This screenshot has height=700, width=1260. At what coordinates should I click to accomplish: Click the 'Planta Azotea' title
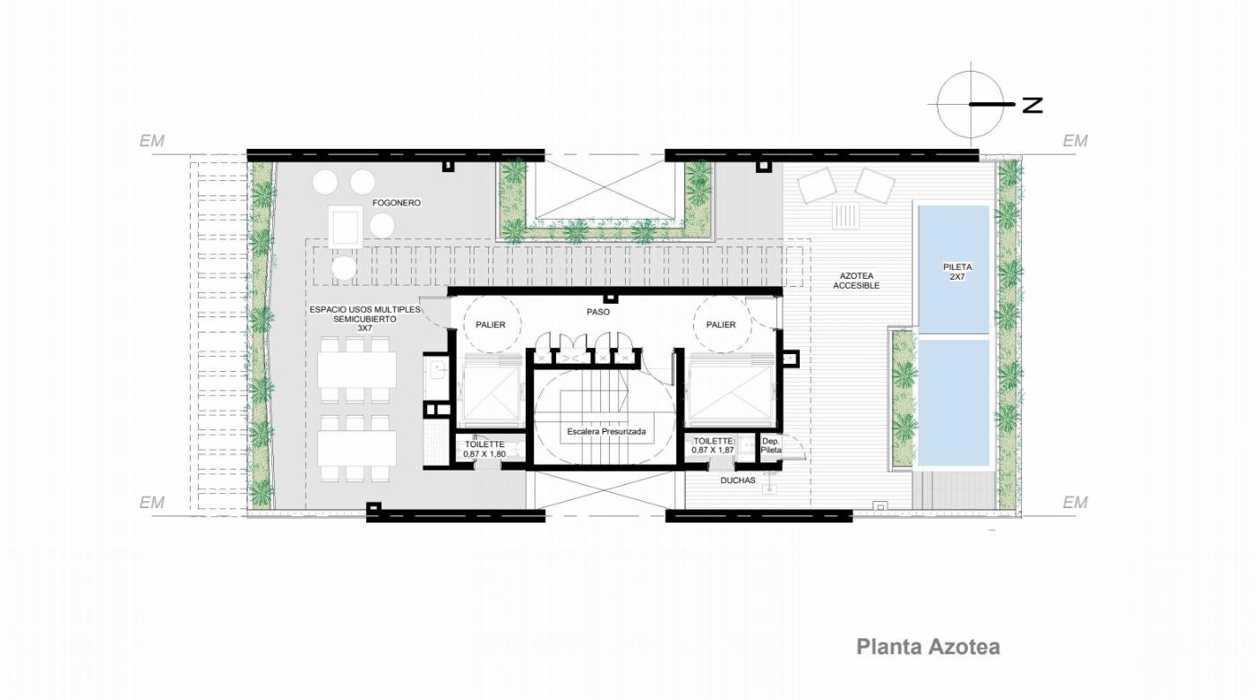(x=928, y=647)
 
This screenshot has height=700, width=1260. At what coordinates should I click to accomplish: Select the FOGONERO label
(x=396, y=203)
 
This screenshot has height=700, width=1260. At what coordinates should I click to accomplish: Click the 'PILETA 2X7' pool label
(x=957, y=272)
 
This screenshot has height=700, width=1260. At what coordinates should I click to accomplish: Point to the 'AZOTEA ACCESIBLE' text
(x=856, y=281)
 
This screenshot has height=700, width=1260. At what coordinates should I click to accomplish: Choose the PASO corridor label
(x=598, y=311)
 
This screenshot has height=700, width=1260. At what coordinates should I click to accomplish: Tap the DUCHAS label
(x=737, y=480)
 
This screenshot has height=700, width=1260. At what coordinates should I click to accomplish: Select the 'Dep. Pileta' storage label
(x=771, y=446)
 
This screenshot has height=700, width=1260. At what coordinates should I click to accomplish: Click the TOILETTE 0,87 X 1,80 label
(x=484, y=449)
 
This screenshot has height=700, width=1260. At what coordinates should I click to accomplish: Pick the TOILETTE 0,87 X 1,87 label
(x=713, y=445)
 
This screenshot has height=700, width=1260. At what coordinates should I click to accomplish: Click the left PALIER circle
(x=492, y=324)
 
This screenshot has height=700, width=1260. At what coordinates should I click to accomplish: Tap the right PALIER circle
(x=721, y=324)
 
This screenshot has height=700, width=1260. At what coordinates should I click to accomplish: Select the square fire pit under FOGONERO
(x=346, y=227)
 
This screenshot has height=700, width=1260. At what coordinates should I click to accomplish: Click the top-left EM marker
(x=152, y=141)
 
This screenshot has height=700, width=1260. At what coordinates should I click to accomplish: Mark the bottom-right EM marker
(x=1075, y=502)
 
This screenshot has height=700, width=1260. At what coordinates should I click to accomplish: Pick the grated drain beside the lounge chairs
(x=846, y=216)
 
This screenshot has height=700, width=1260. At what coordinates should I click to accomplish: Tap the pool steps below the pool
(x=951, y=490)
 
